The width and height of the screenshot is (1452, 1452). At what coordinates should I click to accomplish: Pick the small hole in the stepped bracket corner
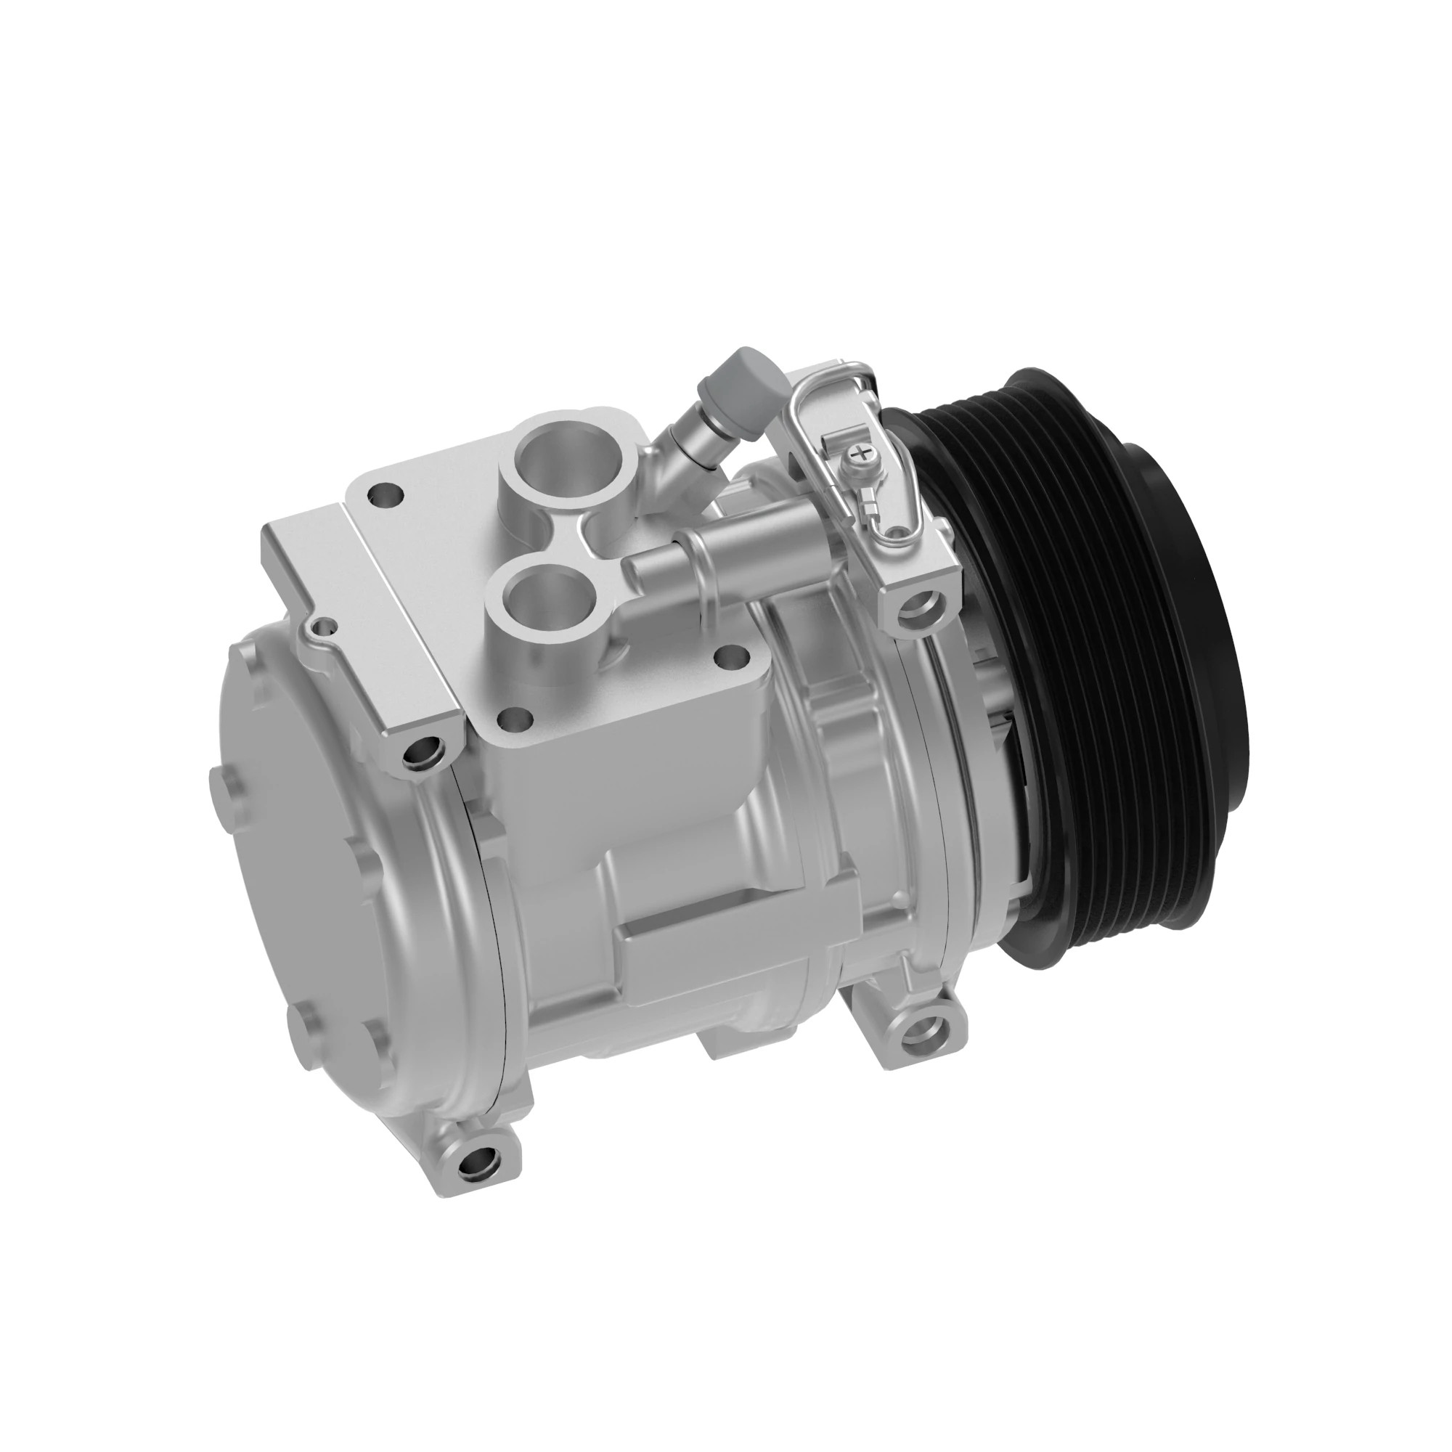click(325, 625)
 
